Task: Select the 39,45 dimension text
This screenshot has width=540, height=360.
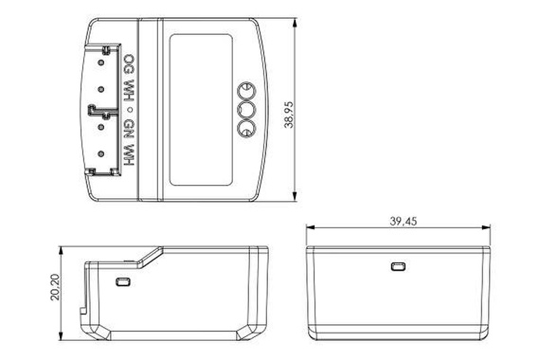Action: pos(404,220)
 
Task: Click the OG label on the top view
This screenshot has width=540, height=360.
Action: pos(129,68)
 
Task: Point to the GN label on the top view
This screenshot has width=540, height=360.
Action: pos(129,129)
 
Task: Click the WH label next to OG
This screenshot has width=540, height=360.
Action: pos(129,93)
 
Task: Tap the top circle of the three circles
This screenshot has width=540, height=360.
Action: pos(245,91)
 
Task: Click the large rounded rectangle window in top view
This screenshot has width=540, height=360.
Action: pos(201,110)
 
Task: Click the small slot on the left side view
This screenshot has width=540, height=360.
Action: pos(121,281)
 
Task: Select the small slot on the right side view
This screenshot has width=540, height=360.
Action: pos(399,266)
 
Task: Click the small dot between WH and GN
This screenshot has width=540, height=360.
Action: pos(129,111)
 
